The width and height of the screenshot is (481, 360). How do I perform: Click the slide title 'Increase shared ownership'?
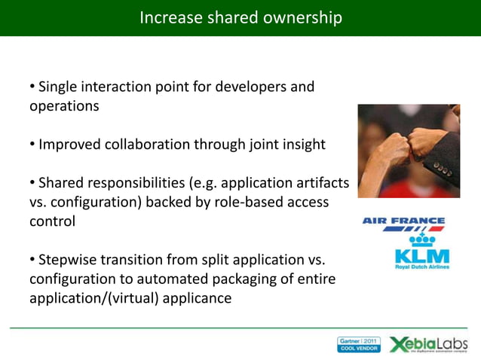point(240,17)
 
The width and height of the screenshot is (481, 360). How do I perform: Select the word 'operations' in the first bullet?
point(64,106)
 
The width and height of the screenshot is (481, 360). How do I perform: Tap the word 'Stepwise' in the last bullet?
point(66,260)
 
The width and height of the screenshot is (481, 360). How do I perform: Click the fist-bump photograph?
point(408,151)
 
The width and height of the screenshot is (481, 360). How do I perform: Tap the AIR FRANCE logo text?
point(404,221)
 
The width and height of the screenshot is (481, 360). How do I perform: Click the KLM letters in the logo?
point(422,256)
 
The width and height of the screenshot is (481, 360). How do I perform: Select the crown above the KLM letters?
point(422,240)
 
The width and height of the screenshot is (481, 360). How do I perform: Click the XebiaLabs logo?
point(427,344)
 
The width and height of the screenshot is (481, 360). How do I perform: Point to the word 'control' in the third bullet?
point(52,222)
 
